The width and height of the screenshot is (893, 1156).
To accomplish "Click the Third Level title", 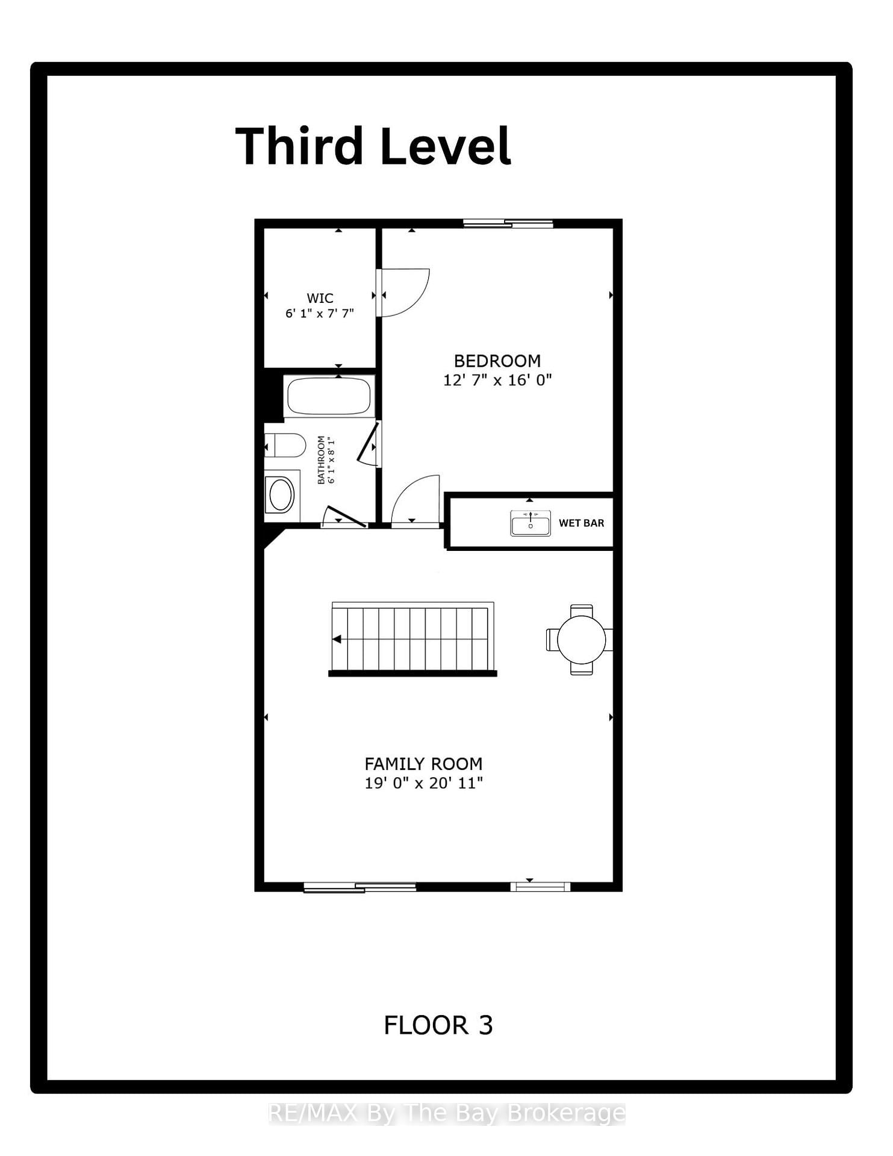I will [x=373, y=146].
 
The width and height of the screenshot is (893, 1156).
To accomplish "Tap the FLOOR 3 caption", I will [x=438, y=1025].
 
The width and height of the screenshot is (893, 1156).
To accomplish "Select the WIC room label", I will [x=320, y=298].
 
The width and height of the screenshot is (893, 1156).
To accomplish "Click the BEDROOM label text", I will [x=497, y=361].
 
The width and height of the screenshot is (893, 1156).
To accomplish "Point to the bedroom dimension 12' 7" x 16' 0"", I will [x=497, y=380].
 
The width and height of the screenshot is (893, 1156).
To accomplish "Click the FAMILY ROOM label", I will [x=423, y=764].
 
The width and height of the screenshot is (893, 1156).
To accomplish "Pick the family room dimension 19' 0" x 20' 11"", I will [x=423, y=783].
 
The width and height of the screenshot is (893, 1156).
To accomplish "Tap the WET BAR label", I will [x=581, y=523].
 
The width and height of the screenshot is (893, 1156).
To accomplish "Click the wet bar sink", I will [x=530, y=523].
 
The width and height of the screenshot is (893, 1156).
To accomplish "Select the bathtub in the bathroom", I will [x=329, y=396].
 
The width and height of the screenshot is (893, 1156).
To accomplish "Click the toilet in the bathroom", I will [x=287, y=446].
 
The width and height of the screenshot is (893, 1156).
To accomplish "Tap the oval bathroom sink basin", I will [x=281, y=494].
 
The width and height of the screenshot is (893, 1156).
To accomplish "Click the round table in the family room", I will [x=581, y=639].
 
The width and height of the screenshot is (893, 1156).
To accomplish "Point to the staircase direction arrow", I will [x=337, y=639].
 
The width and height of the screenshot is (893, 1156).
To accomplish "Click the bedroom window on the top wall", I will [x=508, y=224].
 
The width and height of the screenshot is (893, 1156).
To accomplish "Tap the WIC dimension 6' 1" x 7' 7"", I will [x=320, y=313].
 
